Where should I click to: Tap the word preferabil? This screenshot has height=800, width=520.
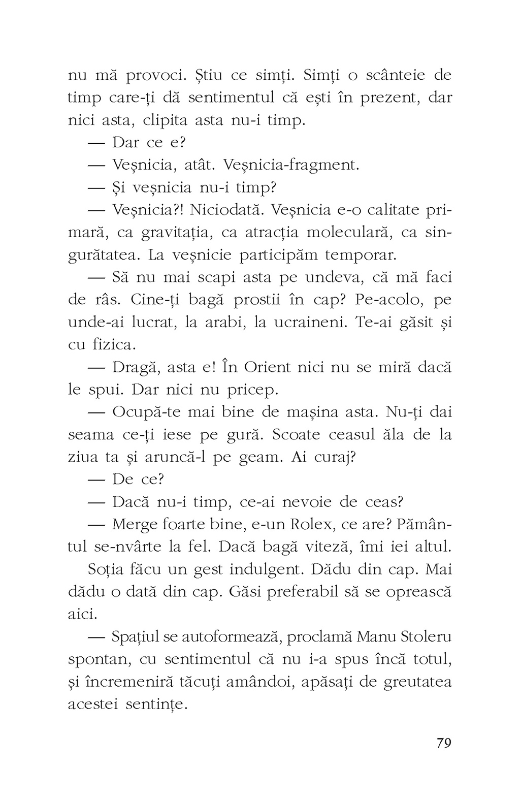pyautogui.click(x=318, y=592)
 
